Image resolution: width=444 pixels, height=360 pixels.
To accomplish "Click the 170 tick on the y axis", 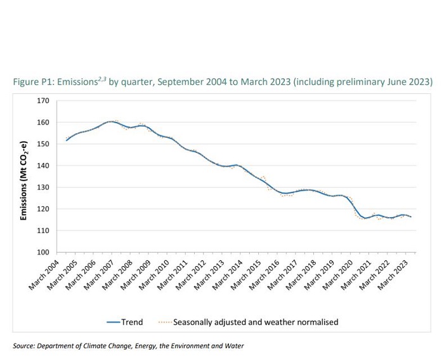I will click(x=43, y=100).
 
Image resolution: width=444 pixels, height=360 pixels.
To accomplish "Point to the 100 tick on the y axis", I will click(x=43, y=252).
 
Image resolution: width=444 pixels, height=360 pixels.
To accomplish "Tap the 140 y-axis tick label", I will click(x=43, y=166).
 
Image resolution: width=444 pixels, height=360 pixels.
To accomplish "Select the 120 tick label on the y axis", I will click(x=43, y=209).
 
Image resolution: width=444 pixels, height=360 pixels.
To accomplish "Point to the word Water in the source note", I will click(x=232, y=346).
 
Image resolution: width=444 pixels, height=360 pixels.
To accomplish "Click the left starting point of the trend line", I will click(x=66, y=140).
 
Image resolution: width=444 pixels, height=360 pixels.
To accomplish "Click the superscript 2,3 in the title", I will click(x=100, y=79).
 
